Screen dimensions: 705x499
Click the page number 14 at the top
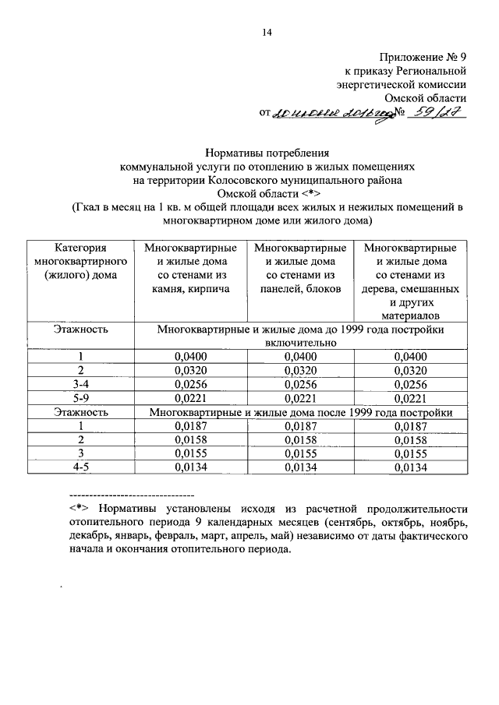point(266,32)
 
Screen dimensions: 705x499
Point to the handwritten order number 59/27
point(437,113)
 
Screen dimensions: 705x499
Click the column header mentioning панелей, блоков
point(299,268)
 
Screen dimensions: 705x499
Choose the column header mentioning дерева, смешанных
point(410,281)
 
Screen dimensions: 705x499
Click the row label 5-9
point(80,397)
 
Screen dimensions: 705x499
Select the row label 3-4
point(80,384)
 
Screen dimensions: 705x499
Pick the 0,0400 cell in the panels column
point(299,357)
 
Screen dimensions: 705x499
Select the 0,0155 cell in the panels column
point(299,453)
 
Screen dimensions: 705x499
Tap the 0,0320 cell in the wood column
point(410,370)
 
